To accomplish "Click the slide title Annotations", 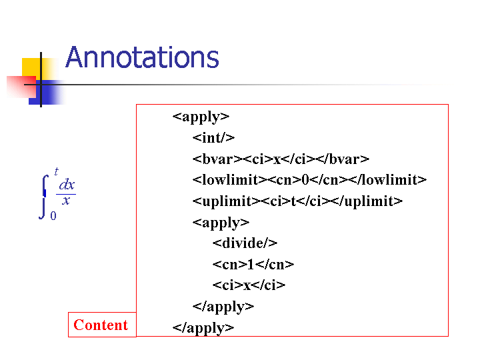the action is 143,57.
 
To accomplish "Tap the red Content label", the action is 101,325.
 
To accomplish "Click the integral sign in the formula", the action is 44,197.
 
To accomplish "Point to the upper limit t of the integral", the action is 56,171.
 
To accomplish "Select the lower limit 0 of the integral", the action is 53,216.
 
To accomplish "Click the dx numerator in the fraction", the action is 67,185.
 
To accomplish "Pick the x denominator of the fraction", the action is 66,201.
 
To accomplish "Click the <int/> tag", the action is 213,138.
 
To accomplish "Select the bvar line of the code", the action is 281,159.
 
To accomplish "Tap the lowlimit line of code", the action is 309,180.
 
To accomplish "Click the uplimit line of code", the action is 297,201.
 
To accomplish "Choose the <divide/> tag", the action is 245,243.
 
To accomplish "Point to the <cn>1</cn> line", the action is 253,264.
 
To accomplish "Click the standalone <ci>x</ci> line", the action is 249,285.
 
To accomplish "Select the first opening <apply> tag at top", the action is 201,117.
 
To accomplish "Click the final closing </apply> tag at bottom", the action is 203,328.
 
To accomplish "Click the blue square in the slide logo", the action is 47,93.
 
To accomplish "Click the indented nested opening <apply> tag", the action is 221,223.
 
